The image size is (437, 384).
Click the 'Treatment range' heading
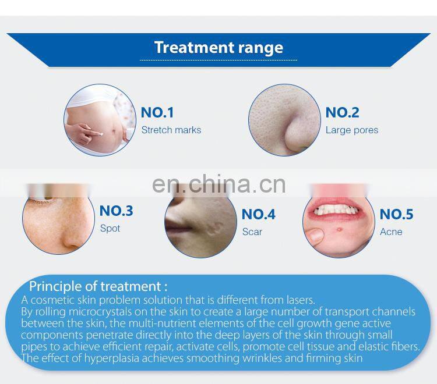coord(218,47)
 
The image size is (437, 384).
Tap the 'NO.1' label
coord(157,112)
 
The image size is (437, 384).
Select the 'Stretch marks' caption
coord(171,130)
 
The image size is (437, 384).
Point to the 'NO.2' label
coord(342,112)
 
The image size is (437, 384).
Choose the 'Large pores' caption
coord(351,130)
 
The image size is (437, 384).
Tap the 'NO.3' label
coord(116,211)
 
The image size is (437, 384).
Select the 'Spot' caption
coord(110,228)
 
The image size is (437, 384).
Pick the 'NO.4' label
coord(258,214)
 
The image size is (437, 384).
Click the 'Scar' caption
coord(252,232)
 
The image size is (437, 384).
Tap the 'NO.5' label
coord(396,214)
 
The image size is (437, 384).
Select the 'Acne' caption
coord(390,232)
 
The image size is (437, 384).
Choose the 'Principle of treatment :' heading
coord(98,286)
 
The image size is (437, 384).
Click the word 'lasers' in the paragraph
coord(298,300)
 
